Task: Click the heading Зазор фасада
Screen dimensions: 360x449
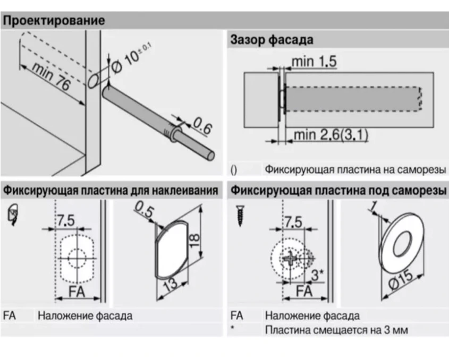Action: (x=271, y=40)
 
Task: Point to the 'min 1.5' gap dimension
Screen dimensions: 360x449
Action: (x=314, y=62)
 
